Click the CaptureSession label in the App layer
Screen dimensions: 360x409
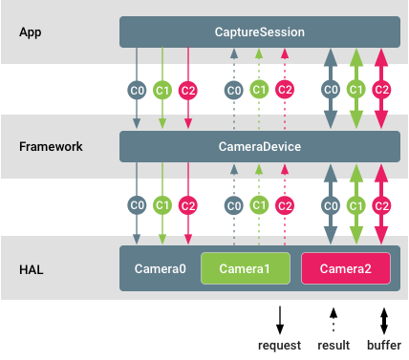pyautogui.click(x=260, y=32)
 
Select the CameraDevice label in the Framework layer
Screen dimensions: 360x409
pyautogui.click(x=260, y=147)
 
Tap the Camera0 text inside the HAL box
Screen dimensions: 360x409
pyautogui.click(x=161, y=269)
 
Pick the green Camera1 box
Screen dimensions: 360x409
pyautogui.click(x=245, y=269)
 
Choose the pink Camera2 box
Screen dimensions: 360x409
pyautogui.click(x=345, y=269)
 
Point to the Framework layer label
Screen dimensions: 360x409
pyautogui.click(x=50, y=147)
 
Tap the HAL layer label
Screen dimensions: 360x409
pyautogui.click(x=31, y=269)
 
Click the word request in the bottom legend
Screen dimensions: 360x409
pyautogui.click(x=280, y=345)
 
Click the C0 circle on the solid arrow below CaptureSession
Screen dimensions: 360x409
pyautogui.click(x=137, y=90)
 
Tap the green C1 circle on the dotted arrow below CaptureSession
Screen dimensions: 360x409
pyautogui.click(x=259, y=90)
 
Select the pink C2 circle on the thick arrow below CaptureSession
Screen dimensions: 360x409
pyautogui.click(x=381, y=90)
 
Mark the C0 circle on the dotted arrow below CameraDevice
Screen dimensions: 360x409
pyautogui.click(x=233, y=205)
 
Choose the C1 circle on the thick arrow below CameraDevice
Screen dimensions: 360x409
pyautogui.click(x=355, y=205)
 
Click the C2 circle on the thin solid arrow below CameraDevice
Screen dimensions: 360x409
pyautogui.click(x=188, y=205)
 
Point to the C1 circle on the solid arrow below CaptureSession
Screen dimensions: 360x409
pyautogui.click(x=162, y=90)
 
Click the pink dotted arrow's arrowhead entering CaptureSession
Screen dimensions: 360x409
pyautogui.click(x=285, y=53)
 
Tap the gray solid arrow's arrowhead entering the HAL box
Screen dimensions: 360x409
pyautogui.click(x=137, y=240)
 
